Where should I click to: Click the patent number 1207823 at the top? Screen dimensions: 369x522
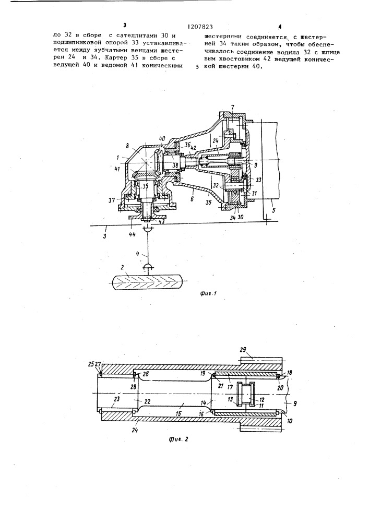pos(200,27)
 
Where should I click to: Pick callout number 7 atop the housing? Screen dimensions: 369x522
pos(232,107)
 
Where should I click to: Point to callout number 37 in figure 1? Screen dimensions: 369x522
pos(112,200)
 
